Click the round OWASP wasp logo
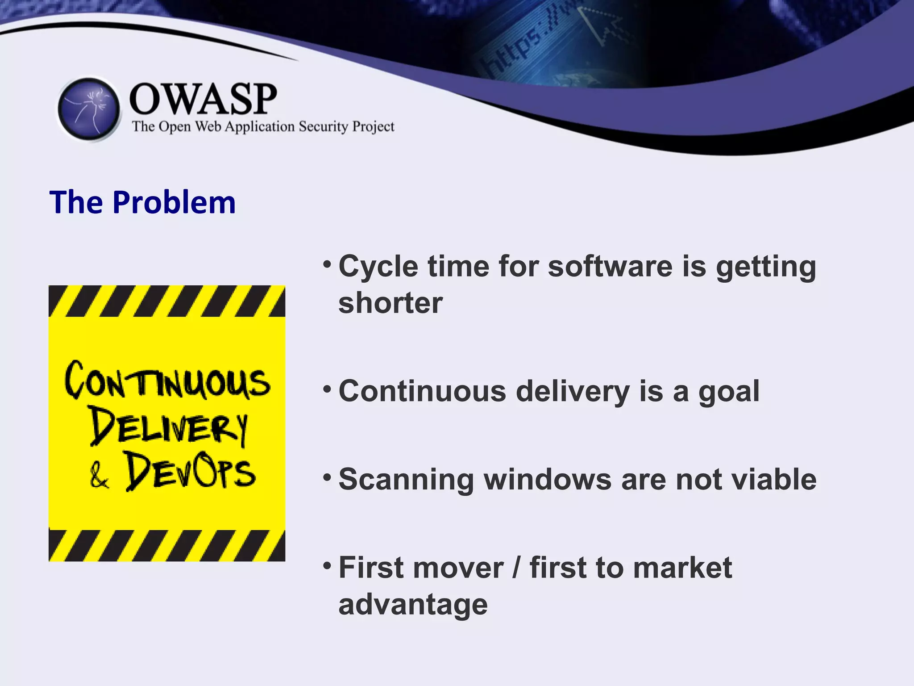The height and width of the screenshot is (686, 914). (x=89, y=109)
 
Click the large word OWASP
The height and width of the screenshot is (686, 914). (x=203, y=99)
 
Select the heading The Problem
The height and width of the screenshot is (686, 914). (x=142, y=202)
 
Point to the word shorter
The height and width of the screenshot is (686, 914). (x=391, y=303)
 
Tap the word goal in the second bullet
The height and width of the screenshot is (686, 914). (x=729, y=392)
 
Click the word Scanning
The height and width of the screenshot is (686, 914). (x=406, y=480)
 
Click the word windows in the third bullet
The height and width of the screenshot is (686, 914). (x=548, y=480)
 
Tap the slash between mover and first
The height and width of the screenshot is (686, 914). (x=517, y=568)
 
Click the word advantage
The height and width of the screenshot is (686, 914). (x=413, y=605)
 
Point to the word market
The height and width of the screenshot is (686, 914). (x=682, y=568)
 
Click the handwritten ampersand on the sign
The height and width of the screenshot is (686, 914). (x=99, y=476)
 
